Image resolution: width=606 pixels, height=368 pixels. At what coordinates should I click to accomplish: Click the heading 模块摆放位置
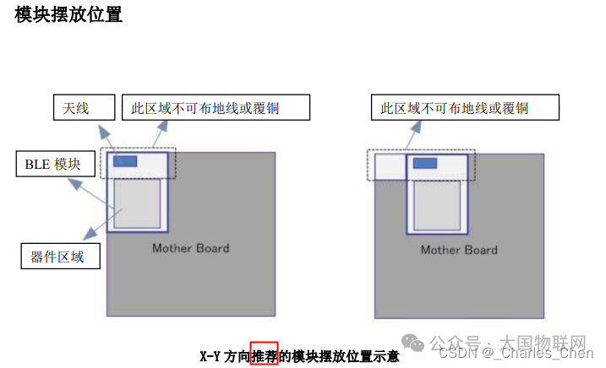click(x=68, y=14)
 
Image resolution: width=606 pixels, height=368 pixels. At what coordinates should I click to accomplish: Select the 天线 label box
click(x=85, y=107)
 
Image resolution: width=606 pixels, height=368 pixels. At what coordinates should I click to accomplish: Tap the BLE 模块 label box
click(x=56, y=164)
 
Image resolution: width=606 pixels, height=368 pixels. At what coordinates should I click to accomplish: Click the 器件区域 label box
click(x=61, y=256)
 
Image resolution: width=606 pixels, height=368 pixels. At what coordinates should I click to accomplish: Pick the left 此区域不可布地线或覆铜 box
click(x=216, y=107)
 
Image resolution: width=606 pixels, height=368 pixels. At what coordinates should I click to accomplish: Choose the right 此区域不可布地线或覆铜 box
click(x=466, y=107)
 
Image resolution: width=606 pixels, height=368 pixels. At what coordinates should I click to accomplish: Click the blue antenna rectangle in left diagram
click(x=125, y=161)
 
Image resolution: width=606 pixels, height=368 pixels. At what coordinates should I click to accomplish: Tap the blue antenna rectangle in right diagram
click(x=425, y=163)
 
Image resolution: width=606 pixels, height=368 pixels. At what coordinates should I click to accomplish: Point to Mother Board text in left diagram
click(x=191, y=248)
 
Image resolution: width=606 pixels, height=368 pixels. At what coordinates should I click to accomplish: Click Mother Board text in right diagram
click(x=459, y=250)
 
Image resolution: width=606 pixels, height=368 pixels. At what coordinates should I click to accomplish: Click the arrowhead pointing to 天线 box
click(x=104, y=132)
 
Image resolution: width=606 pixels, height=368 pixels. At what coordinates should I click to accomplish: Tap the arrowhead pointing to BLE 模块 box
click(x=75, y=184)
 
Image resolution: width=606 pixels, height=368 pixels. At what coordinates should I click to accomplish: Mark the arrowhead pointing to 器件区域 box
click(x=90, y=233)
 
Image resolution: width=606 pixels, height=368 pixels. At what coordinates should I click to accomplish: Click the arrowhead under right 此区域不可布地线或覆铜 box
click(x=416, y=127)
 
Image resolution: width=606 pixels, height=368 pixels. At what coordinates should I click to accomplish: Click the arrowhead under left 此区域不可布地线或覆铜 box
click(x=163, y=127)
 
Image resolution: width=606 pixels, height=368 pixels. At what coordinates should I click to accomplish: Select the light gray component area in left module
click(x=137, y=203)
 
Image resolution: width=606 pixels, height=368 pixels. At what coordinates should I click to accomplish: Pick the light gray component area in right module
click(x=437, y=205)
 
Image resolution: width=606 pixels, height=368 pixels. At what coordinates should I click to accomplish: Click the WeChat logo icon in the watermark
click(x=412, y=343)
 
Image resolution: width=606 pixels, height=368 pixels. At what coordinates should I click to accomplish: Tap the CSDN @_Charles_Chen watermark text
click(x=516, y=353)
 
